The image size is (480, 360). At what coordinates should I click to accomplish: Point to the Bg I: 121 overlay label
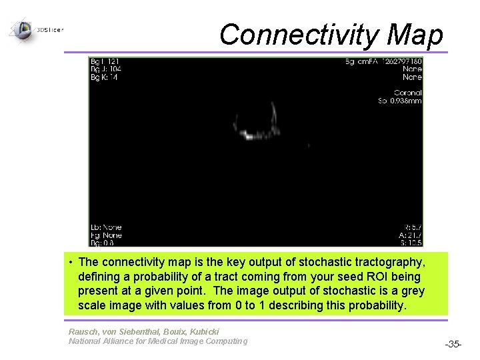105,62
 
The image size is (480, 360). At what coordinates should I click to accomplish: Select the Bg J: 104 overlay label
105,69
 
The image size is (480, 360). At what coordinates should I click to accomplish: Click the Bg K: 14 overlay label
104,77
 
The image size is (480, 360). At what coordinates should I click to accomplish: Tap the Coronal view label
407,93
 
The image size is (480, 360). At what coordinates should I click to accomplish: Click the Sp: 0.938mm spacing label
400,101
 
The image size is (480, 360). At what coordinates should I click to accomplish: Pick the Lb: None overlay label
106,227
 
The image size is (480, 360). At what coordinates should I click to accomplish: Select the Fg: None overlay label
106,235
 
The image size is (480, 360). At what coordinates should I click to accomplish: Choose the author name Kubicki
204,331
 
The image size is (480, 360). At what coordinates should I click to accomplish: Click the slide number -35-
453,344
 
